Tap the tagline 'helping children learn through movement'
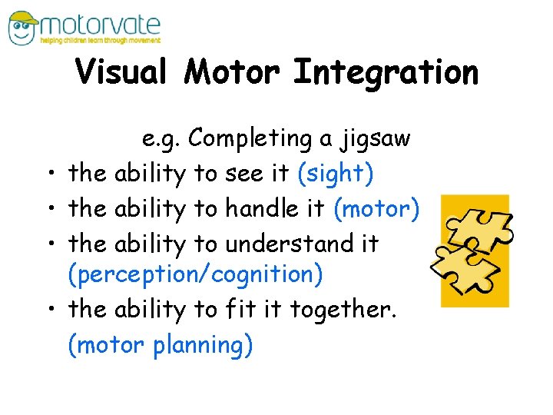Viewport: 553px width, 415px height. point(101,40)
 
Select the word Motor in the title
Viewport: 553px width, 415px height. point(234,73)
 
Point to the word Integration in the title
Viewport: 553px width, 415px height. point(386,73)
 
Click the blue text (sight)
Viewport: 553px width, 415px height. point(335,174)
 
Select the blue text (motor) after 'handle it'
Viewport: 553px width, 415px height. point(376,208)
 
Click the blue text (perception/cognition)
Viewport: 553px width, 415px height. point(195,274)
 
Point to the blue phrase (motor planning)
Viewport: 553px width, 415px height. point(160,345)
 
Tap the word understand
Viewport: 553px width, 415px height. point(289,244)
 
